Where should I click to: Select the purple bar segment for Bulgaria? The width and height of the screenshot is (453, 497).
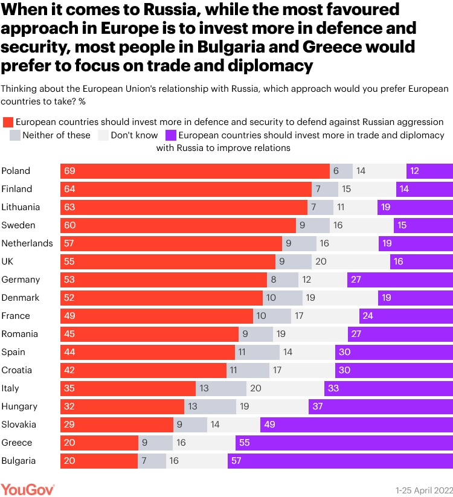point(340,461)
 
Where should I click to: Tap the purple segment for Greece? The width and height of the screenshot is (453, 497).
point(344,443)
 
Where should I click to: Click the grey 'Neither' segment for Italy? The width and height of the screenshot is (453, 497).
point(221,388)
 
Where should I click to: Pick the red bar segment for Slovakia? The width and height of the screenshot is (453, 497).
point(117,425)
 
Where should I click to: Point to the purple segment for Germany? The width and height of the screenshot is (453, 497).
point(400,280)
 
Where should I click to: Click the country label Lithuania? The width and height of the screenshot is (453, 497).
point(21,207)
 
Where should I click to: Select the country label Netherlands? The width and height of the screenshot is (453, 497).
point(27,243)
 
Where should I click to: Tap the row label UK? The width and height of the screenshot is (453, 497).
point(8,261)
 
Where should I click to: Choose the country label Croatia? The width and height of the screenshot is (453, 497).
point(16,370)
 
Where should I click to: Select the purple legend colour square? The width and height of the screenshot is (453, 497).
point(171,135)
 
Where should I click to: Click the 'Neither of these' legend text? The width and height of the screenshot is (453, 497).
point(56,135)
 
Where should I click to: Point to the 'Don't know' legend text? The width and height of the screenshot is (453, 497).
point(134,135)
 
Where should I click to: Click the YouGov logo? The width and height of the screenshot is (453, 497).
point(28,488)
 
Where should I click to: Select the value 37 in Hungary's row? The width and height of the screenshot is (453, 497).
point(318,406)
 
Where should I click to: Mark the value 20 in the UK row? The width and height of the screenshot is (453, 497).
point(321,261)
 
